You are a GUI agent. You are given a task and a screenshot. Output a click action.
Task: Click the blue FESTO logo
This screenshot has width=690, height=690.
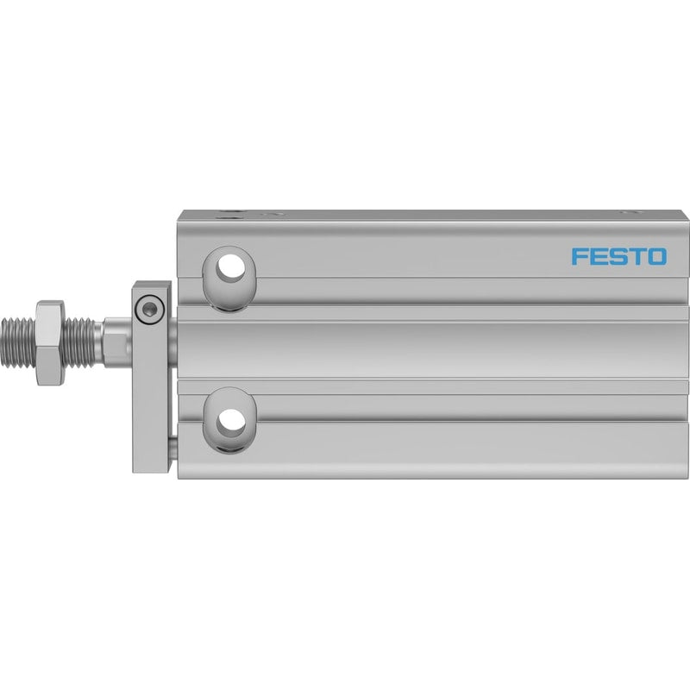tap(618, 256)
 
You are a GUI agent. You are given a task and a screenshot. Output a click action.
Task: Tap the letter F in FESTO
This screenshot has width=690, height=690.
tap(579, 256)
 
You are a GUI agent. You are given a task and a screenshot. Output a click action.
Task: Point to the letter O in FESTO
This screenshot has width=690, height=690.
tap(657, 256)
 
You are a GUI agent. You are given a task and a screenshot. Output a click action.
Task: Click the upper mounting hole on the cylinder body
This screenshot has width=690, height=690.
tap(229, 278)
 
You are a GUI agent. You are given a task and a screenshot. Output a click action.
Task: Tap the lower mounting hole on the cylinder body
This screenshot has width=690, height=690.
tap(229, 420)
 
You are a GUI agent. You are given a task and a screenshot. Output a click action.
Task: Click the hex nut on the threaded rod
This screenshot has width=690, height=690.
tap(50, 342)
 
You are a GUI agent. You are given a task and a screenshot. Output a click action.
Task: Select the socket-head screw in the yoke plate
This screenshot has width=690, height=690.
tap(150, 309)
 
